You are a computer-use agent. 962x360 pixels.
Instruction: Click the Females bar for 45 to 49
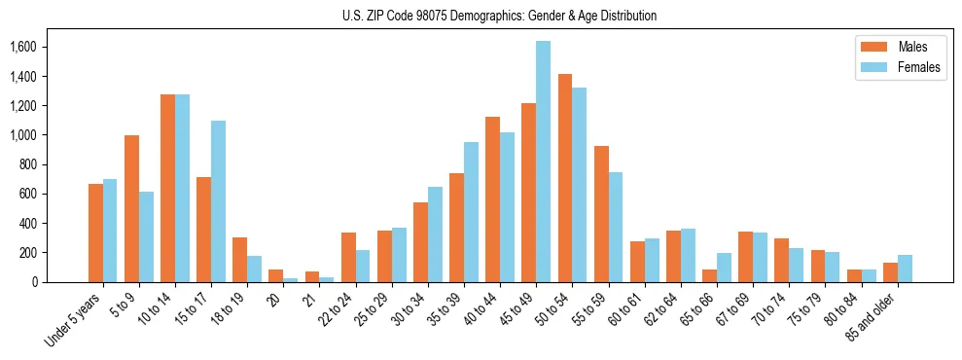(543, 162)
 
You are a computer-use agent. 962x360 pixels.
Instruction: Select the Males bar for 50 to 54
(564, 178)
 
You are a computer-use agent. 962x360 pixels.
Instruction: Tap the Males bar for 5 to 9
(131, 208)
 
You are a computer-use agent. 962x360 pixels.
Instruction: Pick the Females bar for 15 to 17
(218, 201)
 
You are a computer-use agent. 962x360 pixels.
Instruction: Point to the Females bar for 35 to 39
(471, 212)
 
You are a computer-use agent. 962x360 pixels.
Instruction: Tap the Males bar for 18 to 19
(239, 260)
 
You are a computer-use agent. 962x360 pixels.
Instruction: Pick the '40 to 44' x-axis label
(483, 307)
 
